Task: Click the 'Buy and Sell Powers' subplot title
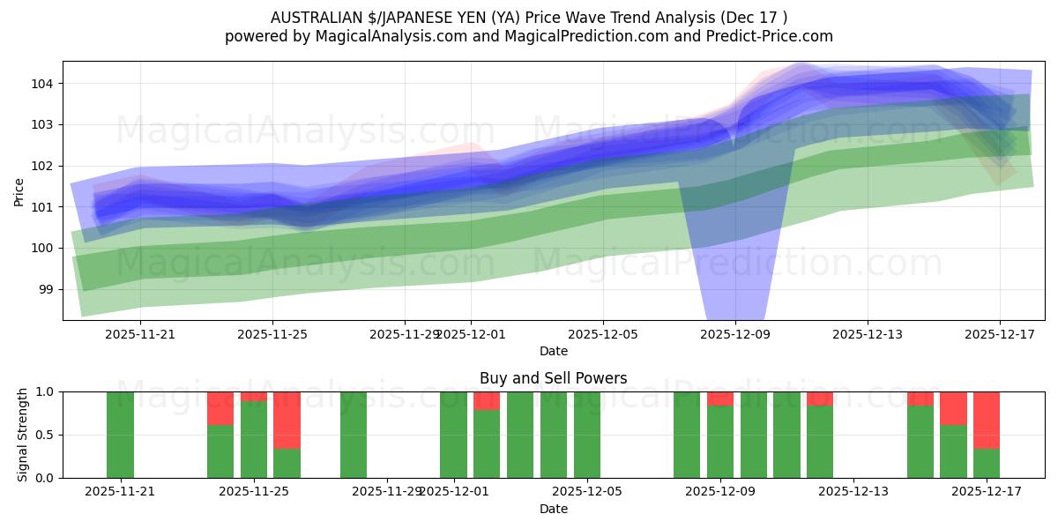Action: [553, 378]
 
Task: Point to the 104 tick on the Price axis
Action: [46, 84]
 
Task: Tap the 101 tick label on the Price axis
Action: [46, 207]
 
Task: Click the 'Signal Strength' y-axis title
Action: [23, 435]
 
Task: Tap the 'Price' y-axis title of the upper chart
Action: [19, 190]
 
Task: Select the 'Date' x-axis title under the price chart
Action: [553, 351]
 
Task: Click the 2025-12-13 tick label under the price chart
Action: [868, 334]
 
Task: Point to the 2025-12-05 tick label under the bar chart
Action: [586, 492]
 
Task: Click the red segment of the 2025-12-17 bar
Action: [987, 420]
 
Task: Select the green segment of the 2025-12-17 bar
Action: [987, 463]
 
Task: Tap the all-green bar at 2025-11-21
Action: [120, 435]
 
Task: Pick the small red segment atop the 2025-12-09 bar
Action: [720, 399]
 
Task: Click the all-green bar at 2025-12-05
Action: [586, 435]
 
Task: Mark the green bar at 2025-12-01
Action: [453, 435]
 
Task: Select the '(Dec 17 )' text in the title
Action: [756, 18]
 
